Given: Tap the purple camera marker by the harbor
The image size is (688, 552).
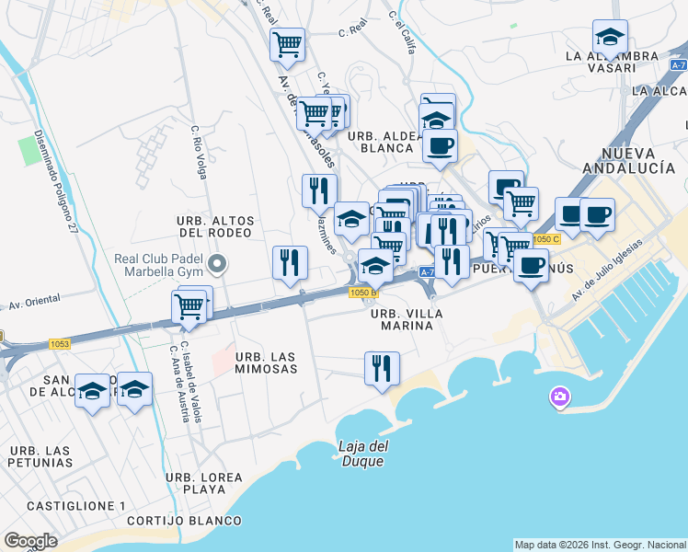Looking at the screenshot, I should pos(558,397).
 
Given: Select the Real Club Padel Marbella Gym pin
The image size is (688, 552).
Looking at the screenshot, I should pos(217,266).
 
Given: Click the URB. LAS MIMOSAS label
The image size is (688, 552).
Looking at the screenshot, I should pos(267,362).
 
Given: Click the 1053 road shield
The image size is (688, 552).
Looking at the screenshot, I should pos(60,344).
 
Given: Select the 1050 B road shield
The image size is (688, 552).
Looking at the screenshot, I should pos(362,293).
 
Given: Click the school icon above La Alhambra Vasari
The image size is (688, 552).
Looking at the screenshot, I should pos(610,37).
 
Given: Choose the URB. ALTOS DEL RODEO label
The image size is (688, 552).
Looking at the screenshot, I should pos(214,225).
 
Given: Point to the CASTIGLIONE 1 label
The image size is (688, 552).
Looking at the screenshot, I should pos(76,506).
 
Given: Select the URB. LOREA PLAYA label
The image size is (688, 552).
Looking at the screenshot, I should pos(204,483).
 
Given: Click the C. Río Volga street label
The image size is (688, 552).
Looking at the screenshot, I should pos(199,152).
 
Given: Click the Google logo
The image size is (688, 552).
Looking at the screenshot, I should pos(30,541).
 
